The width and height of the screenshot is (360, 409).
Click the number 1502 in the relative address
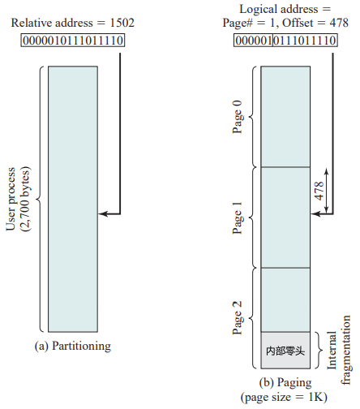[x=122, y=23]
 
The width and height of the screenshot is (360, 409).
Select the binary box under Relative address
[x=73, y=41]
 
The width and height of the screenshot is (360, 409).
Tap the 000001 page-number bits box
[x=253, y=41]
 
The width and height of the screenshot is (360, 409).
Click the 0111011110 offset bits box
[x=305, y=41]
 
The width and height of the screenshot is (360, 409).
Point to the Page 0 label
[x=238, y=117]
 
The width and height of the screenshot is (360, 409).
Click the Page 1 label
[x=238, y=217]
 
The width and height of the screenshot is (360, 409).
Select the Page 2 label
[x=238, y=318]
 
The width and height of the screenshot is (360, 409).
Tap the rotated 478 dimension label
[x=319, y=191]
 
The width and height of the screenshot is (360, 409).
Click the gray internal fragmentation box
[x=285, y=351]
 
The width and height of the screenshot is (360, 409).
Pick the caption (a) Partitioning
[x=73, y=346]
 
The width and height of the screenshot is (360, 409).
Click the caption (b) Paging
[x=285, y=382]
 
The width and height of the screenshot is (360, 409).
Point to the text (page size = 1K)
[x=284, y=397]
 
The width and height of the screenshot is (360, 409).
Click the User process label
[x=11, y=199]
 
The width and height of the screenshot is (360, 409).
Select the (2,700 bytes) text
[x=25, y=199]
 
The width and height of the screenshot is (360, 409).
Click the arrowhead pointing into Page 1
[x=315, y=213]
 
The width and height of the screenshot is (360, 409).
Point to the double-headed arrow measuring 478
[x=327, y=191]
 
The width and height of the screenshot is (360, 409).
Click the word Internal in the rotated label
[x=332, y=351]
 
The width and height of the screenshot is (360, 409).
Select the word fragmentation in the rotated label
[x=345, y=351]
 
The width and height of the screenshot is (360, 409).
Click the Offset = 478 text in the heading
[x=315, y=23]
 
